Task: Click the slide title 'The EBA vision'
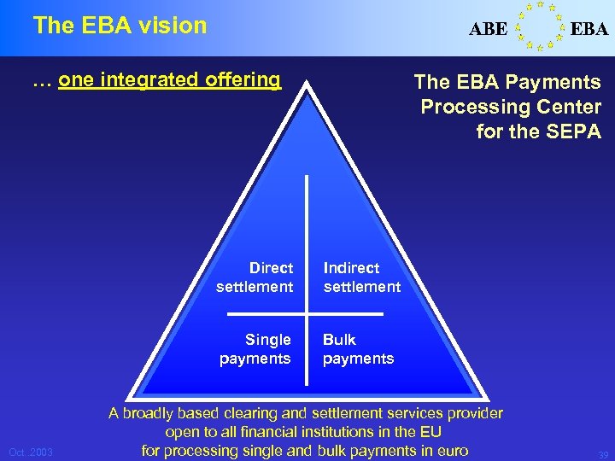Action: [120, 26]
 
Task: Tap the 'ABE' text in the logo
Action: [488, 29]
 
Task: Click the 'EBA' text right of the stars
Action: [589, 29]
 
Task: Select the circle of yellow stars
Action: [539, 26]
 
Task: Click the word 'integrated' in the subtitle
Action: [150, 80]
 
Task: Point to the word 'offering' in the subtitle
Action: [243, 80]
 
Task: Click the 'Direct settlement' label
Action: [255, 277]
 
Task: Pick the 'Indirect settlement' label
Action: [361, 277]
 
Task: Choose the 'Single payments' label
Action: [255, 348]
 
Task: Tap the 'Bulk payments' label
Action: [358, 348]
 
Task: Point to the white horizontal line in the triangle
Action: [307, 313]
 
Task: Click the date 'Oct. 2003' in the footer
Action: [30, 452]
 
